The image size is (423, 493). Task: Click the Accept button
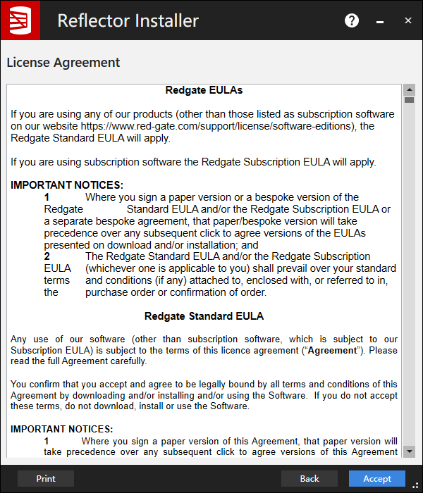point(377,478)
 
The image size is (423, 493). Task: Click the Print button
point(46,478)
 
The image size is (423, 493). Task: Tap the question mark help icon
point(352,20)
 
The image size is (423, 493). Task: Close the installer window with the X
point(407,20)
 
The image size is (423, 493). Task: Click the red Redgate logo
point(20,20)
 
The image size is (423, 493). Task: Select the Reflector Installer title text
point(128,20)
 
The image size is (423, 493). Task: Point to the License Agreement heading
point(63,62)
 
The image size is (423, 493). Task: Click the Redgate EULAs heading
point(204,90)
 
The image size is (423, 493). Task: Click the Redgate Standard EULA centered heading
point(204,316)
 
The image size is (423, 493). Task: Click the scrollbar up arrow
point(409,90)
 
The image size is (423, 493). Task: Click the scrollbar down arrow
point(409,451)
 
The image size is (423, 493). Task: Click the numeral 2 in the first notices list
point(47,256)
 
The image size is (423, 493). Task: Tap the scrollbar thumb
point(409,100)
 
